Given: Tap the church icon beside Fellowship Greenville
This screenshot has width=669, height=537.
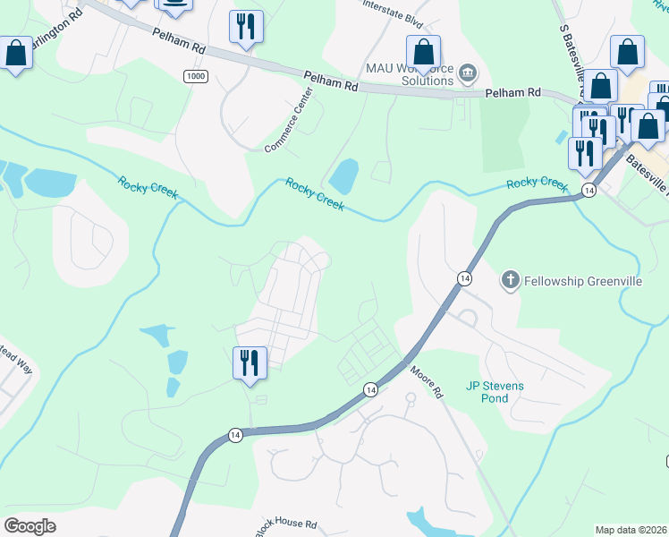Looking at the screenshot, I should (511, 281).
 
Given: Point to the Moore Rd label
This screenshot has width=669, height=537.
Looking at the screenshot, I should (428, 380).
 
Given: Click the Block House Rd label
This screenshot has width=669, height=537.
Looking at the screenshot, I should (286, 527).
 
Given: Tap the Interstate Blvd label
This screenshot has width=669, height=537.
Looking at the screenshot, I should (391, 9).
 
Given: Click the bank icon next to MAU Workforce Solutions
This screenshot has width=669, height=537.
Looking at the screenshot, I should (467, 72).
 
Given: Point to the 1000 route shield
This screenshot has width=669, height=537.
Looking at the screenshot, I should (196, 77).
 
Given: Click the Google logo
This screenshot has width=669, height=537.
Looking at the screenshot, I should (30, 525).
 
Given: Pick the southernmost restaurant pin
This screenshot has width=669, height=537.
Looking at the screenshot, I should (249, 363).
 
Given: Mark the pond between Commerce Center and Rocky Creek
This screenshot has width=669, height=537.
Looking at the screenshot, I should (343, 176).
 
